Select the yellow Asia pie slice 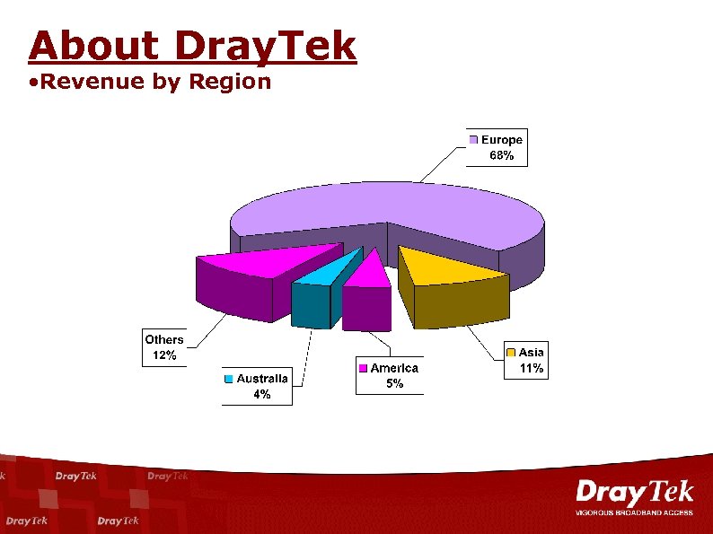pyautogui.click(x=449, y=267)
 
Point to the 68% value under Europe pyautogui.click(x=501, y=155)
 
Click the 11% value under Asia pyautogui.click(x=532, y=368)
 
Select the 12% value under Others pyautogui.click(x=163, y=355)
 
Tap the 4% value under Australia pyautogui.click(x=261, y=394)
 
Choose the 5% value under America pyautogui.click(x=394, y=383)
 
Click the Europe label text pyautogui.click(x=502, y=139)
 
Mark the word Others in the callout pyautogui.click(x=163, y=339)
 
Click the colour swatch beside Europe pyautogui.click(x=473, y=139)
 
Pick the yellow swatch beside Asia pyautogui.click(x=510, y=353)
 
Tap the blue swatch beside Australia pyautogui.click(x=229, y=379)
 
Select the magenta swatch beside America pyautogui.click(x=363, y=368)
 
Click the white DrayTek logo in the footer pyautogui.click(x=634, y=495)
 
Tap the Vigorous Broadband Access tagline pyautogui.click(x=634, y=512)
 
